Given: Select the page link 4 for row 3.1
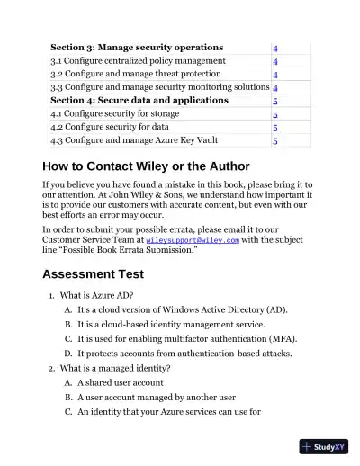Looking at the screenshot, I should (x=274, y=61).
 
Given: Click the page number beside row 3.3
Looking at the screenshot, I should (x=274, y=88).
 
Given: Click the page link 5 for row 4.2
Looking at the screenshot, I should (x=274, y=128).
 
